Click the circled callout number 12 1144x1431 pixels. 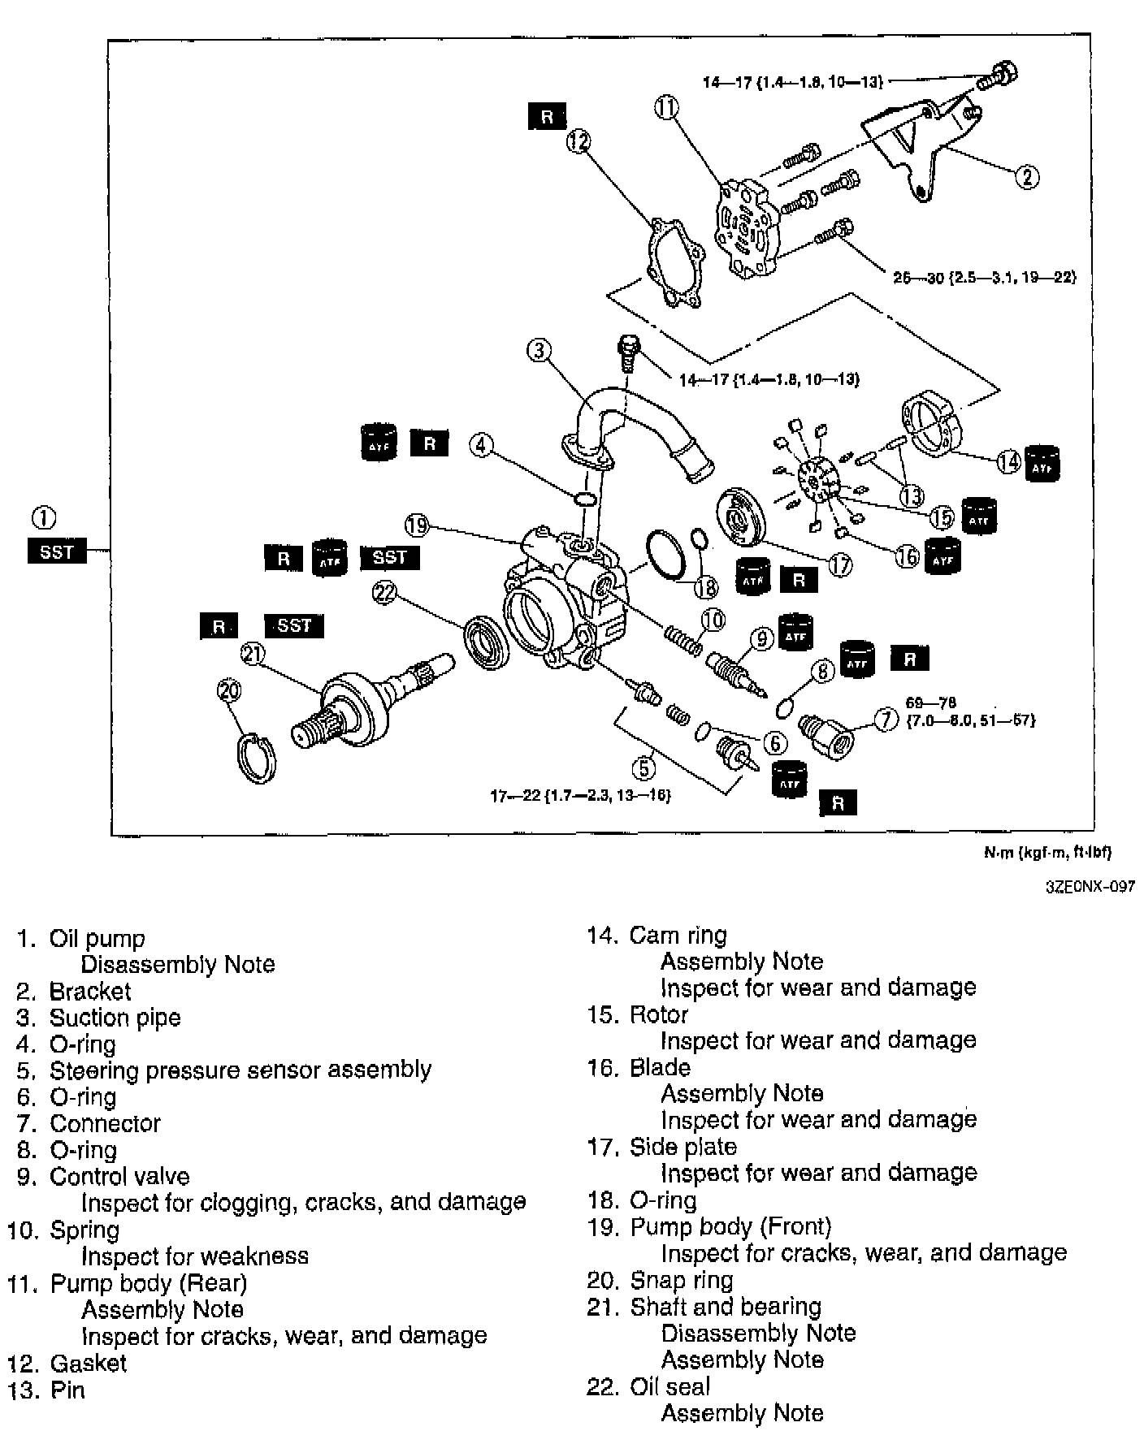[578, 143]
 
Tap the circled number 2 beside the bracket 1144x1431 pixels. [1027, 176]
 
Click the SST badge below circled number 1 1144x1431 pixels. [57, 552]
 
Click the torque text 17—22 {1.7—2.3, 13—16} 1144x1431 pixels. [580, 796]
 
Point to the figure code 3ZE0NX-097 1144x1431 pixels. [1090, 887]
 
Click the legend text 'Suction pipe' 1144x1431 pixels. [115, 1018]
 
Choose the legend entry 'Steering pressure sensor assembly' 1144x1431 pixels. [240, 1070]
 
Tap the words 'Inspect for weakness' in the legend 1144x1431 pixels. [194, 1256]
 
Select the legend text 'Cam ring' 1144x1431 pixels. [678, 936]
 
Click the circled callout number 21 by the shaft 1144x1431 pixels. [253, 655]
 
